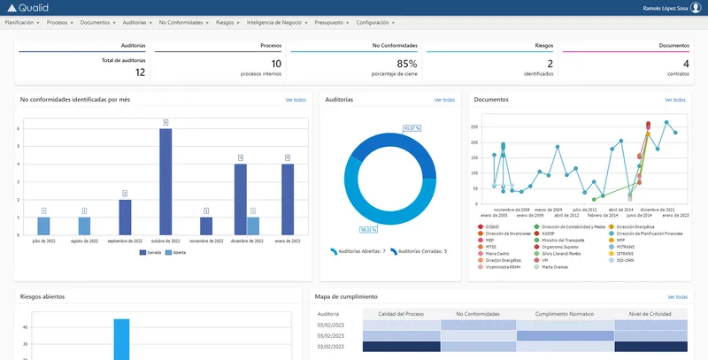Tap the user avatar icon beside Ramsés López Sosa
[x=696, y=8]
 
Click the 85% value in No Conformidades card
[x=406, y=64]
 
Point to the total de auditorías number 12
[x=140, y=73]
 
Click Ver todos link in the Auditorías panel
[x=444, y=100]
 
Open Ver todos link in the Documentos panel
[x=675, y=100]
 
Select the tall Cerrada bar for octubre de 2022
[x=165, y=181]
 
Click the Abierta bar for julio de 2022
[x=43, y=226]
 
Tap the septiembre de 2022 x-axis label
[x=125, y=241]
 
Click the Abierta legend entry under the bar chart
[x=176, y=252]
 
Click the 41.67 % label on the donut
[x=412, y=128]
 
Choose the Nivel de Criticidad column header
[x=649, y=313]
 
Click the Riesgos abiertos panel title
[x=42, y=296]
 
